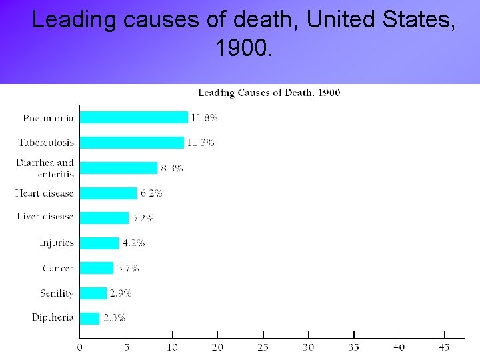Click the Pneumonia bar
[133, 117]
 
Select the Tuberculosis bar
[131, 143]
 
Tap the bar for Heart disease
[108, 193]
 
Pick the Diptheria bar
[89, 318]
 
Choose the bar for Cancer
[97, 268]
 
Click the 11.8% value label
[204, 117]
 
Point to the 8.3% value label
[171, 168]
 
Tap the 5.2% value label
[143, 218]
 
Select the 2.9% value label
[121, 293]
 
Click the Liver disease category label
[45, 217]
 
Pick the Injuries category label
[57, 243]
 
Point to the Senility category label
[57, 293]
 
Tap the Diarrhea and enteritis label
[45, 167]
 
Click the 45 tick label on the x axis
[445, 347]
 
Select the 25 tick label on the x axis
[263, 347]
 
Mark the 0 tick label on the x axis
[80, 347]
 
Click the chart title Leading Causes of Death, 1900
[269, 93]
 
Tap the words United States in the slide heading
[381, 20]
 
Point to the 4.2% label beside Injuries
[133, 243]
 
